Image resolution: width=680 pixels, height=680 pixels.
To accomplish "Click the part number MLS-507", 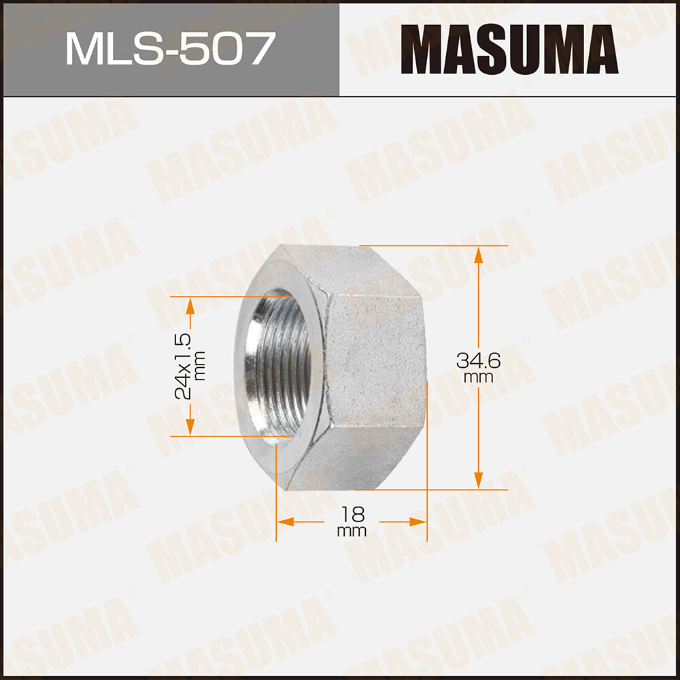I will [170, 49].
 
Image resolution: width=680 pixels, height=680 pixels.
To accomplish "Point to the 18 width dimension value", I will [351, 513].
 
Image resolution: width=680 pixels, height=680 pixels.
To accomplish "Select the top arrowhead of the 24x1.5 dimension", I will [190, 305].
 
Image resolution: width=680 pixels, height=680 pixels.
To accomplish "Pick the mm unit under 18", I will [351, 531].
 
